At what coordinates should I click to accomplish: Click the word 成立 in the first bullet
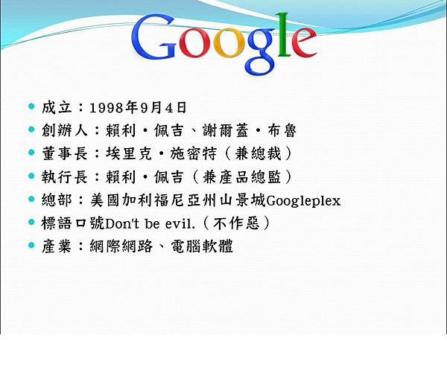55,107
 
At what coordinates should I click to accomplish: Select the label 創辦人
61,130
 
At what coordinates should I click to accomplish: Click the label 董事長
61,153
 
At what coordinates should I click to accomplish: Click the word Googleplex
303,200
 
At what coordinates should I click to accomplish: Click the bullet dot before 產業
31,246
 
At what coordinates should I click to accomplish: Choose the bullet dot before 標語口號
31,223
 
